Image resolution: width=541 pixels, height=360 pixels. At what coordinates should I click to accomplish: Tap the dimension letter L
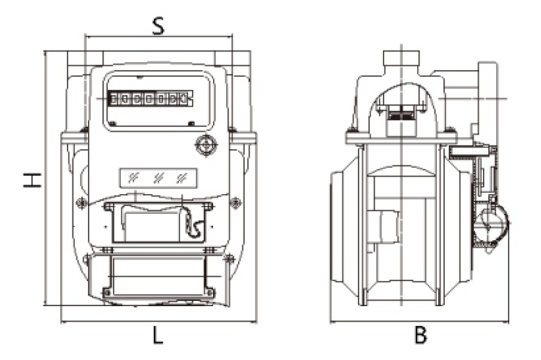[x=157, y=336]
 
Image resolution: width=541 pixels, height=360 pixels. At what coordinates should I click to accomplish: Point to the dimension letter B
[x=421, y=336]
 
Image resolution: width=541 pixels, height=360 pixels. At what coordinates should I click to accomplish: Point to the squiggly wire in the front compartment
[x=194, y=224]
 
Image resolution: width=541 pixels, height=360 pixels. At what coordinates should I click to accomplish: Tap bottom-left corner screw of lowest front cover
[x=107, y=292]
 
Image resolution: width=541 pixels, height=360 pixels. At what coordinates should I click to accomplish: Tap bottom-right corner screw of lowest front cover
[x=209, y=292]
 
